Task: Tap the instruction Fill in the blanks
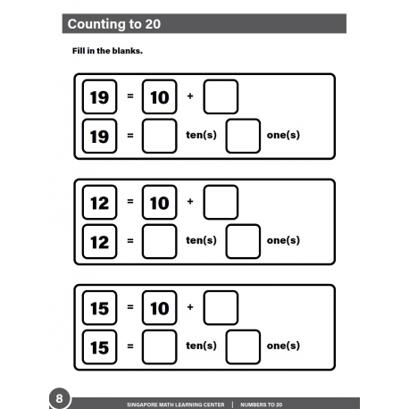[107, 50]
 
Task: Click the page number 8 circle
[58, 397]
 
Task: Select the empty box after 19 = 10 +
[221, 97]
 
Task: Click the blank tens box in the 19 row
[159, 136]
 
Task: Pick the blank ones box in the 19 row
[243, 136]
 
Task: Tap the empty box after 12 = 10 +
[221, 203]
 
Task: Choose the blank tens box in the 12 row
[159, 241]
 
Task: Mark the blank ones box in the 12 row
[243, 241]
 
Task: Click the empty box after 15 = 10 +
[221, 308]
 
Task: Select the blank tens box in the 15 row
[159, 346]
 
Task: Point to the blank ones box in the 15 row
[243, 346]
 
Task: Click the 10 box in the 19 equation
[159, 97]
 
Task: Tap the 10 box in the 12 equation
[159, 203]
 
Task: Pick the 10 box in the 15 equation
[159, 308]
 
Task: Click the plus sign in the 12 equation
[190, 202]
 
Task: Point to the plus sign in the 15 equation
[190, 307]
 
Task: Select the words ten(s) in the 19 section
[201, 136]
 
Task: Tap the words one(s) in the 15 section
[283, 346]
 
